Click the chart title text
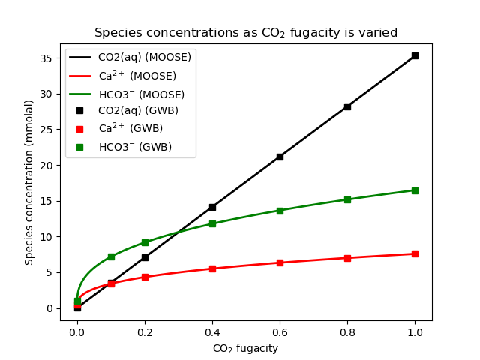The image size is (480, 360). coord(245,33)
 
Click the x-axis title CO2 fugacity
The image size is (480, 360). coord(245,348)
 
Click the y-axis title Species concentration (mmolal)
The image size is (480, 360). coord(29,182)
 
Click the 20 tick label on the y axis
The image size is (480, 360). coord(47,166)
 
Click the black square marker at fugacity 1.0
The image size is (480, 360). coord(415,55)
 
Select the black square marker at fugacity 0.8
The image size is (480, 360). coord(347,106)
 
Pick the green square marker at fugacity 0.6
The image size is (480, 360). coord(280,211)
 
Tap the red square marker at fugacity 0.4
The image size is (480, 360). coord(212,268)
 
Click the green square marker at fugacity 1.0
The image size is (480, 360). coord(415,190)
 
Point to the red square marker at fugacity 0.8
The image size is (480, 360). coord(347,258)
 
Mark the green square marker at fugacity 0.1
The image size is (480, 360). coord(111,256)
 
